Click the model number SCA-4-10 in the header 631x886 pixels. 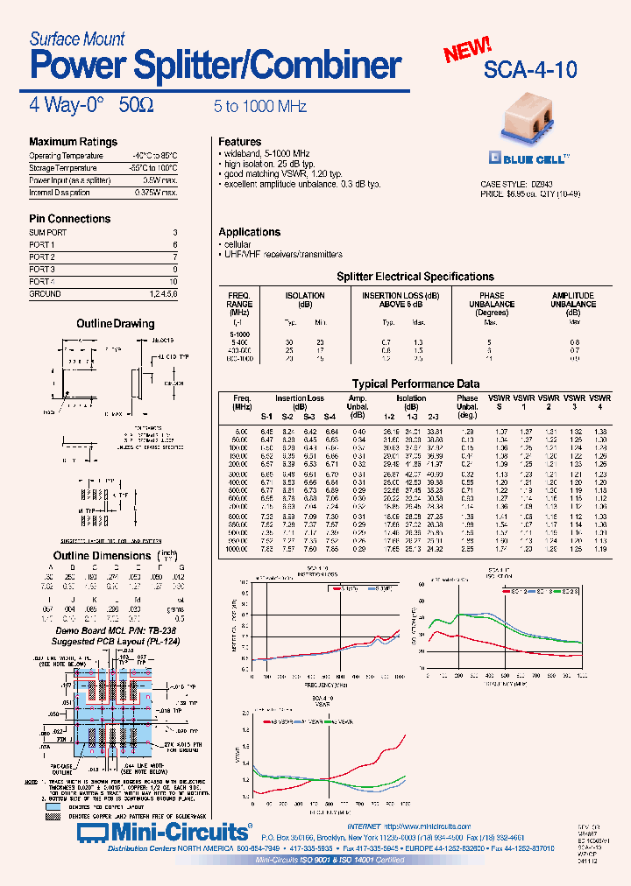click(x=530, y=71)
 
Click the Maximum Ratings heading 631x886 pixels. click(x=73, y=142)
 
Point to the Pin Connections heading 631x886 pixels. click(x=69, y=219)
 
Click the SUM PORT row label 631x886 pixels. click(x=47, y=233)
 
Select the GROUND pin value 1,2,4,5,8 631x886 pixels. click(x=163, y=294)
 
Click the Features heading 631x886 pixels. click(x=239, y=142)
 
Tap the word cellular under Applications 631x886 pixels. click(x=237, y=244)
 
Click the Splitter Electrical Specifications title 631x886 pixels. click(x=415, y=277)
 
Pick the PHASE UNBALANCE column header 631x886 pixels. click(x=492, y=300)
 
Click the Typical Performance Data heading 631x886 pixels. click(x=415, y=383)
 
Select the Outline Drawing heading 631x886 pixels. click(x=116, y=324)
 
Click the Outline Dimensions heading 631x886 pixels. click(x=103, y=556)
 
